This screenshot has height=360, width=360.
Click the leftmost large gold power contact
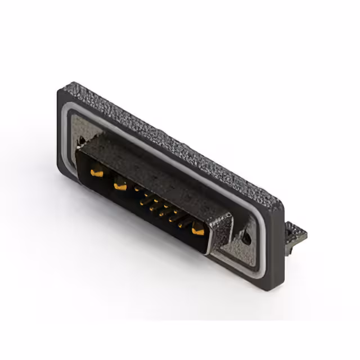click(x=97, y=174)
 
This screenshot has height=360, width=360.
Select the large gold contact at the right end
click(x=198, y=229)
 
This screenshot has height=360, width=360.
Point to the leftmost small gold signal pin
click(x=137, y=190)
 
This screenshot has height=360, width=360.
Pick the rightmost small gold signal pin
click(x=181, y=224)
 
